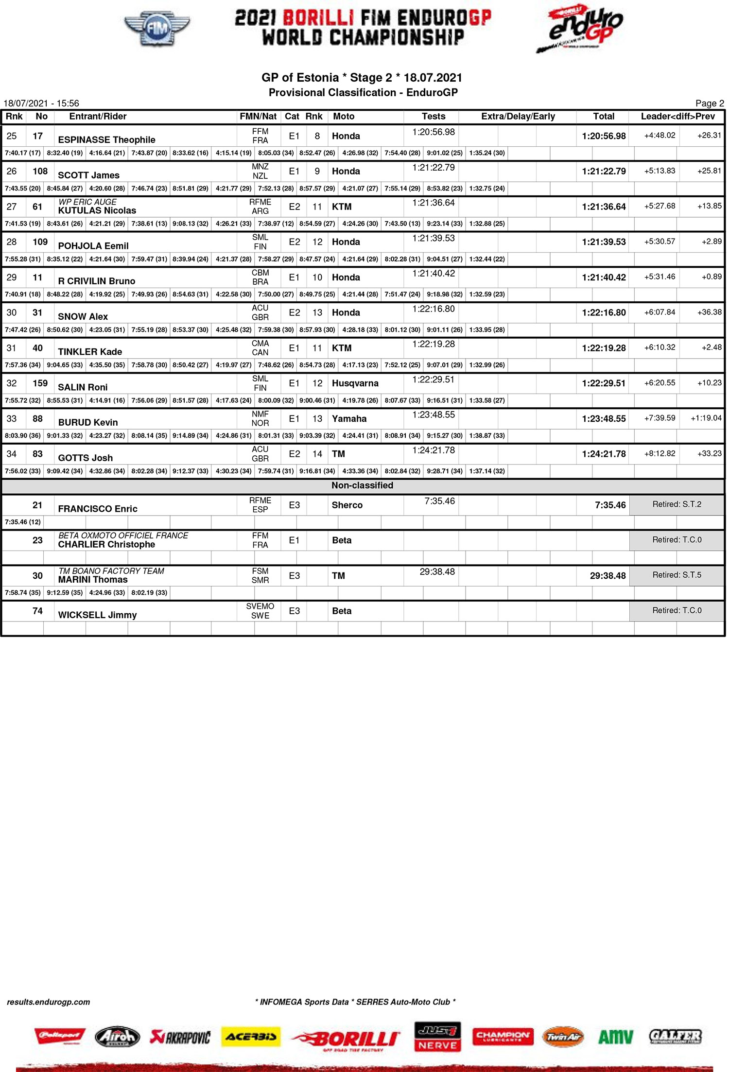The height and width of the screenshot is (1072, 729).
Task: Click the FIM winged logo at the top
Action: tap(157, 29)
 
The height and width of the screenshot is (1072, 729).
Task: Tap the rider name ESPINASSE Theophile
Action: tap(106, 140)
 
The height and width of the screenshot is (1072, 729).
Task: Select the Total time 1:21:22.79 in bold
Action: tap(604, 172)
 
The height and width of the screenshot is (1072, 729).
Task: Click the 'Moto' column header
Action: tap(344, 117)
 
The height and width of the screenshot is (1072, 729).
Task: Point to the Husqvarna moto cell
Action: tap(355, 383)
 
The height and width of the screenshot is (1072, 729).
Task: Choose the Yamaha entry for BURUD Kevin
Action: tap(349, 419)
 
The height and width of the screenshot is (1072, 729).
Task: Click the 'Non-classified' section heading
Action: tap(362, 485)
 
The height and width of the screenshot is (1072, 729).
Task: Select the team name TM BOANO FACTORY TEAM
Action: tap(111, 571)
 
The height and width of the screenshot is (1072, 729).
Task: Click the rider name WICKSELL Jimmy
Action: tap(97, 615)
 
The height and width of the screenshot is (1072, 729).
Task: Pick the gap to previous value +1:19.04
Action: tap(706, 418)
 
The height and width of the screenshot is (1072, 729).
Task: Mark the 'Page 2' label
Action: tap(709, 104)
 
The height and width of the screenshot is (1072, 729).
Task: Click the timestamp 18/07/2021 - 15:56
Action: tap(41, 104)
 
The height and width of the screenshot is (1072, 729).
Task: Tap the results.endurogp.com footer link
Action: tap(49, 1002)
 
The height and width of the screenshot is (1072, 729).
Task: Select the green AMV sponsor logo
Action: tap(615, 1037)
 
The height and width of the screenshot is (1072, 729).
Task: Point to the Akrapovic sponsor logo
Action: tap(180, 1037)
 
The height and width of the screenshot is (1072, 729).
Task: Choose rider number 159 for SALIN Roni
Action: tap(40, 383)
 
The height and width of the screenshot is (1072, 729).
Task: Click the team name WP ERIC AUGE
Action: tap(87, 202)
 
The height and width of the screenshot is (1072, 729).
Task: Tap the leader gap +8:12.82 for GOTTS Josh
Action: tap(660, 454)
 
